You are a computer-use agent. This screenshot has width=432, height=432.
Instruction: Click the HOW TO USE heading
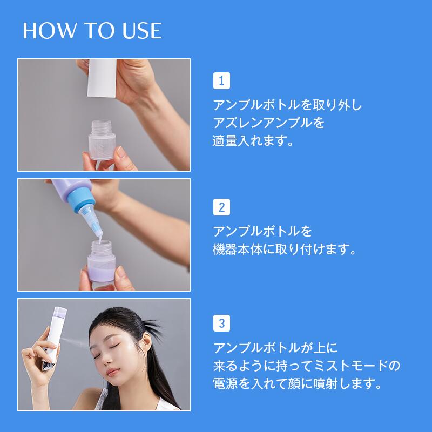coord(92,31)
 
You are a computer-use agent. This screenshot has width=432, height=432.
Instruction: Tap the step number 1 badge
coord(221,81)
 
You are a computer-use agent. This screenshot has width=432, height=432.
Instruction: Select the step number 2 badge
coord(221,207)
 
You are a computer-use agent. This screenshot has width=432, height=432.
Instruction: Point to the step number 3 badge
coord(221,324)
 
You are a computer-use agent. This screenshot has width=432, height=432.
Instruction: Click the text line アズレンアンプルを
coord(269,123)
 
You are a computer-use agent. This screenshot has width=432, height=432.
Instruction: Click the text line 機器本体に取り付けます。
coord(285,250)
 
